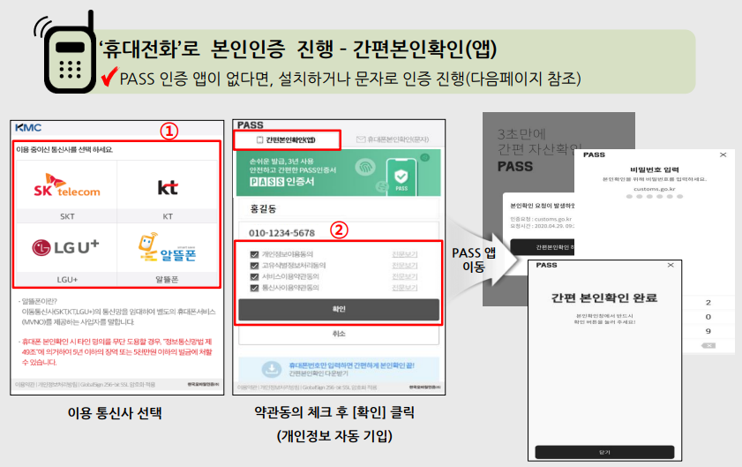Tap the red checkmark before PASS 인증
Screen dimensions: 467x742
coord(110,78)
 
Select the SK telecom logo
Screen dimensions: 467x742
coord(68,187)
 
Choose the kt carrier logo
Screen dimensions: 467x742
coord(167,187)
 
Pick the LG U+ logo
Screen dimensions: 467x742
coord(67,248)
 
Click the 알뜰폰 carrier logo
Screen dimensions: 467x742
coord(167,248)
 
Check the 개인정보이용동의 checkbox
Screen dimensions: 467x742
coord(244,255)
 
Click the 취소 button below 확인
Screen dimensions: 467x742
coord(339,335)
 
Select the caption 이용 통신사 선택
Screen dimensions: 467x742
coord(116,411)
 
